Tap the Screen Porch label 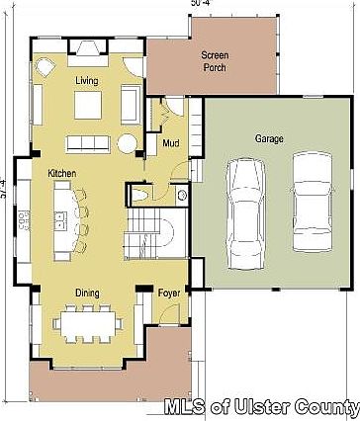tap(215, 61)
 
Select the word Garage tap(269, 139)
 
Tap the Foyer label tap(169, 293)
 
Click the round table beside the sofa tap(129, 143)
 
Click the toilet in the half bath tap(142, 197)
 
